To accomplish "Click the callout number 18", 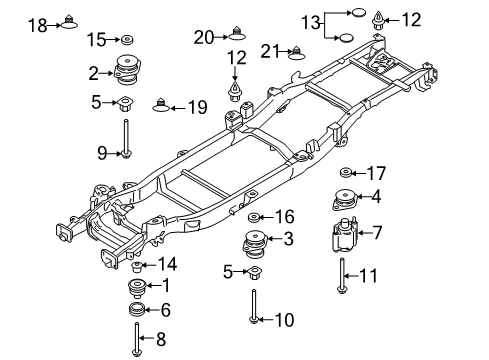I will tap(36, 24).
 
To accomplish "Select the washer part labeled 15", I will tap(127, 39).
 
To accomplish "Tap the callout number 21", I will tap(269, 51).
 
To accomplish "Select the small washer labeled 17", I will tap(346, 171).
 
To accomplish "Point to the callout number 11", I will tap(369, 274).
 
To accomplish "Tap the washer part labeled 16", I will tap(254, 216).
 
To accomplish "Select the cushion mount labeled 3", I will tap(253, 243).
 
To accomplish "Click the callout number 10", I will tap(284, 321).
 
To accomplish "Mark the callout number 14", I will tap(166, 264).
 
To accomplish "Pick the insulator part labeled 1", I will tap(134, 288).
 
